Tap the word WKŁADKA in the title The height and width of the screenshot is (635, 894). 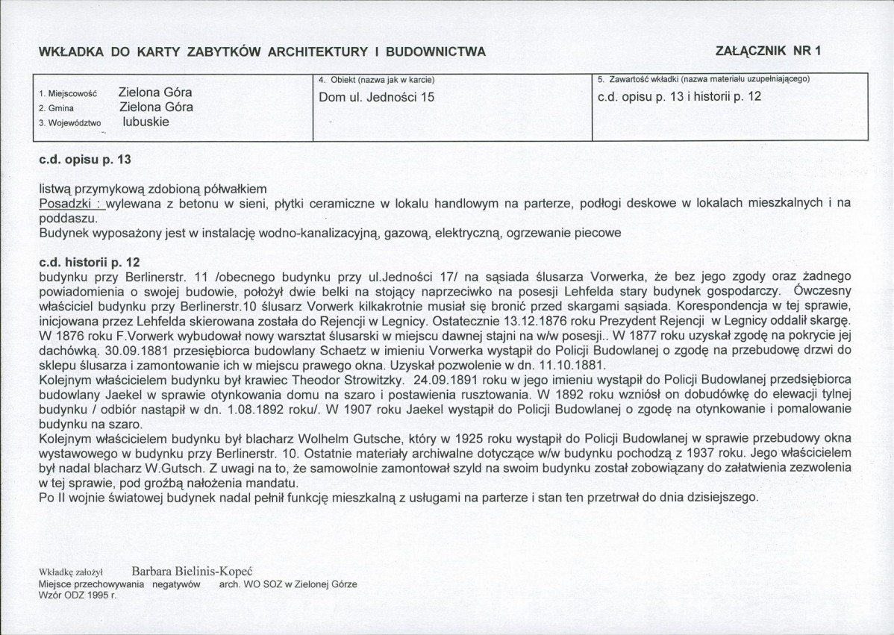tap(69, 51)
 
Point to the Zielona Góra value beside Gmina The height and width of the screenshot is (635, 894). tap(156, 107)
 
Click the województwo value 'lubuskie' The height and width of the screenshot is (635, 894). tap(146, 122)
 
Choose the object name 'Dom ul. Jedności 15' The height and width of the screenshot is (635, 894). tap(376, 97)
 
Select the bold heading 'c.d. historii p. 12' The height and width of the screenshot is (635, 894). tap(90, 263)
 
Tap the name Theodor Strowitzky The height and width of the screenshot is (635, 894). tap(341, 380)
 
